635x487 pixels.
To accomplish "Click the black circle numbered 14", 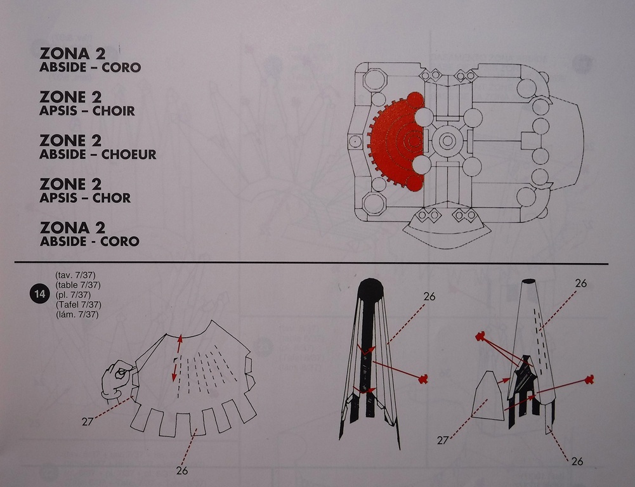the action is pos(39,294).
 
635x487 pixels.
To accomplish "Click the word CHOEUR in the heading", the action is pos(129,154).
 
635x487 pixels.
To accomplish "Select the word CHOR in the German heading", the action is pos(112,198).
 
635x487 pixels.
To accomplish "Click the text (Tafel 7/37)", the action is pos(78,304).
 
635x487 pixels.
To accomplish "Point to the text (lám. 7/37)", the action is pos(77,314).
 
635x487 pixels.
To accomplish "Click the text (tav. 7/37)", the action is pos(75,275).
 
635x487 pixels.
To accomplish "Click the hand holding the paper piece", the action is pos(117,379).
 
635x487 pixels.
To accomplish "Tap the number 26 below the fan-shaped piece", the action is pos(182,471).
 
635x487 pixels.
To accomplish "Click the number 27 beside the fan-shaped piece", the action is pos(88,422).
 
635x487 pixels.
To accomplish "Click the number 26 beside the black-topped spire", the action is pos(429,297).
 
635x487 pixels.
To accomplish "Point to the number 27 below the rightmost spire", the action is pos(443,440).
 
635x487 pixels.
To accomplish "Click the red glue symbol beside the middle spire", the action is pos(423,379).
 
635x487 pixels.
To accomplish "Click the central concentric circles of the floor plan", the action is pos(447,141).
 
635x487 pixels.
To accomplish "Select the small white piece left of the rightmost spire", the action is pos(488,396).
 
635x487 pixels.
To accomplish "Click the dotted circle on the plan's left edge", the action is pos(355,141).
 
